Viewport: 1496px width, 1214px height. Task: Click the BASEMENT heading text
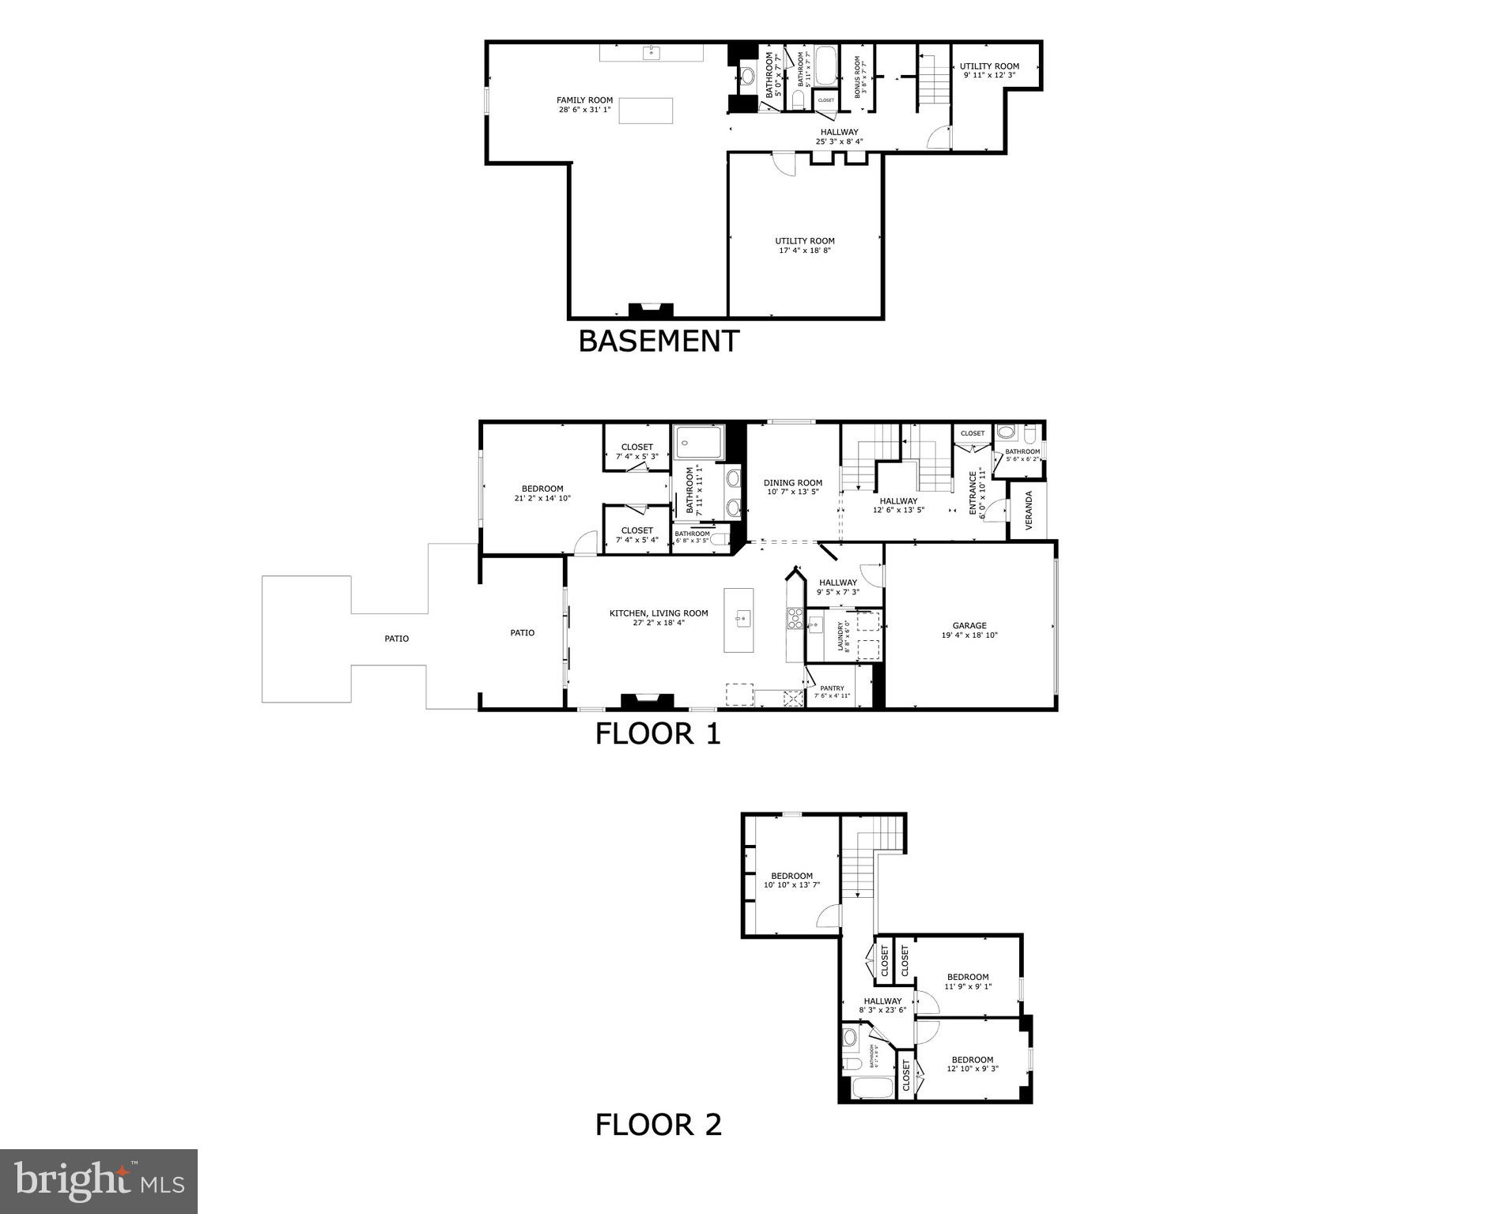[x=659, y=341]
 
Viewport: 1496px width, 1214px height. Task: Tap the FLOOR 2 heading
[x=658, y=1124]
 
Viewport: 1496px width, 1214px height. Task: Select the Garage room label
[x=969, y=630]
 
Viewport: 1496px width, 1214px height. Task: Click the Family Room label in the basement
[x=584, y=104]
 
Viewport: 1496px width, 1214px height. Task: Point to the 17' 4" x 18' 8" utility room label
[x=804, y=246]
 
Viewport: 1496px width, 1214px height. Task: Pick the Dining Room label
[x=792, y=487]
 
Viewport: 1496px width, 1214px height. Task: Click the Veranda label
[x=1029, y=511]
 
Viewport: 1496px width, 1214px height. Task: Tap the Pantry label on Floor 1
[x=832, y=692]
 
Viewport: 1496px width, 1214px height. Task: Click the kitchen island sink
[x=742, y=618]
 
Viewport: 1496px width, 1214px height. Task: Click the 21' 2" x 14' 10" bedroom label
[x=542, y=493]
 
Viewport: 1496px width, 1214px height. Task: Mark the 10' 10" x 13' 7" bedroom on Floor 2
[x=791, y=880]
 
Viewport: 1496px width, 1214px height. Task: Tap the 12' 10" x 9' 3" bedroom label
[x=972, y=1064]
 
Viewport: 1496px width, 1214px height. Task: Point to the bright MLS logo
[x=99, y=1182]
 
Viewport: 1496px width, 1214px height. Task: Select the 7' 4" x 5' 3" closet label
[x=637, y=451]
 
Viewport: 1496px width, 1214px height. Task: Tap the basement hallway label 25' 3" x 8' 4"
[x=839, y=137]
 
